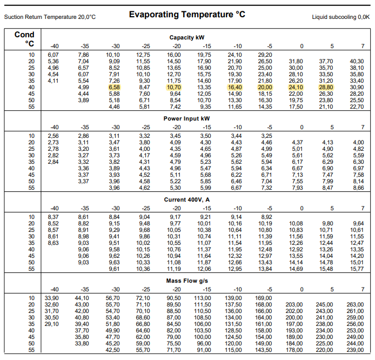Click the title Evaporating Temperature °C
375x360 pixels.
(x=187, y=14)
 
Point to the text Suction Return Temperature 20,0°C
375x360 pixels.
(x=50, y=17)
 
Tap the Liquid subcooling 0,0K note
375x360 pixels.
(x=341, y=17)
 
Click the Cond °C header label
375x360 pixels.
(x=24, y=39)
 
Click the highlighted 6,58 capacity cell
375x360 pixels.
(x=114, y=87)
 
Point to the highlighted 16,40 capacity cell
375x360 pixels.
(x=235, y=87)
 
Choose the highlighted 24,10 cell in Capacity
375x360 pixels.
(x=296, y=87)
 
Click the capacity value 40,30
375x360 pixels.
(x=357, y=61)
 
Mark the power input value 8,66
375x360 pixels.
(x=358, y=188)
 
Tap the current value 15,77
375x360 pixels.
(x=357, y=269)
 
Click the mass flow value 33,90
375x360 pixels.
(x=52, y=298)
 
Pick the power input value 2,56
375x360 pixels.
(x=53, y=136)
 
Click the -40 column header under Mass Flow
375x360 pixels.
(x=54, y=289)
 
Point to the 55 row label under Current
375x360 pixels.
(x=31, y=269)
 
